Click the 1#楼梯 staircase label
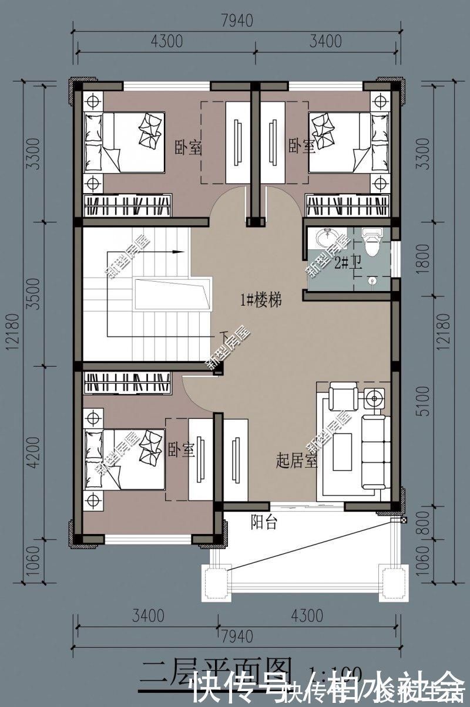point(261,301)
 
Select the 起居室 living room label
point(296,461)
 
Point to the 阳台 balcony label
point(264,522)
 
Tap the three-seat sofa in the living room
point(374,451)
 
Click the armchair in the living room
point(342,397)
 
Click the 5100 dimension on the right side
point(425,404)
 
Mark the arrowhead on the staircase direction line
point(177,252)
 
